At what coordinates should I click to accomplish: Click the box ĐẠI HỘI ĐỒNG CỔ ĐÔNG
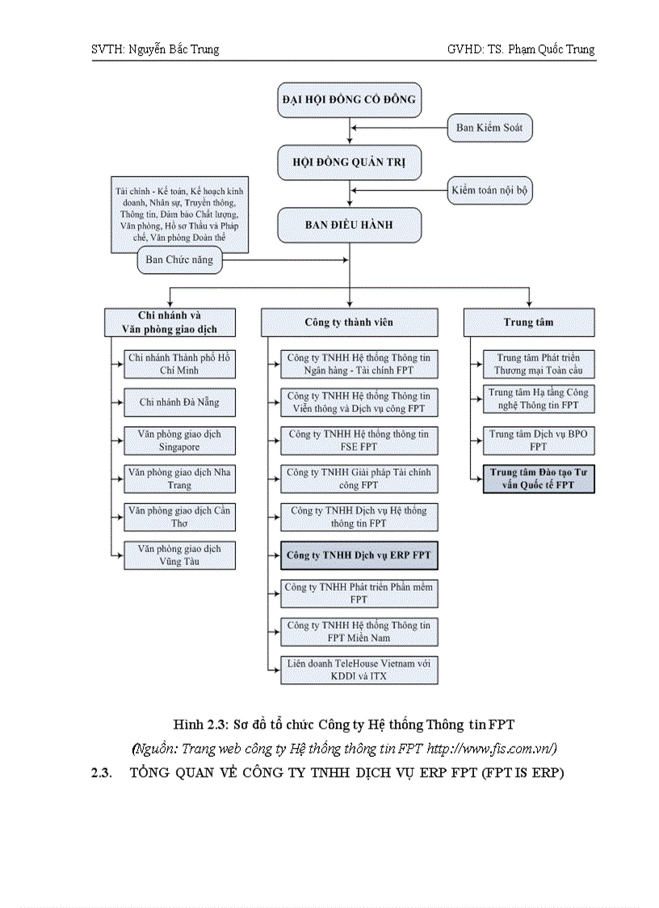click(x=349, y=99)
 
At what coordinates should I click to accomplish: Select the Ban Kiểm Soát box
click(x=489, y=128)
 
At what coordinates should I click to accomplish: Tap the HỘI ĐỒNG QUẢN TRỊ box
click(x=349, y=163)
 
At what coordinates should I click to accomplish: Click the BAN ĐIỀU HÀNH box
click(x=349, y=225)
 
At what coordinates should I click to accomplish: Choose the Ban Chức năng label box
click(x=179, y=260)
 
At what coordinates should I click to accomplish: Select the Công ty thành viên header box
click(x=349, y=322)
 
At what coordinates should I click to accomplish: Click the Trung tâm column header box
click(x=529, y=322)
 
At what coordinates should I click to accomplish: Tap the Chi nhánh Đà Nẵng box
click(x=179, y=402)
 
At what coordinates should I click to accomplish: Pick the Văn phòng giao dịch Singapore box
click(x=179, y=441)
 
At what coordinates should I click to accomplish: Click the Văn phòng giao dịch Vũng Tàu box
click(x=179, y=555)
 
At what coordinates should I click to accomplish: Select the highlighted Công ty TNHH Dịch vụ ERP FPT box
click(x=359, y=556)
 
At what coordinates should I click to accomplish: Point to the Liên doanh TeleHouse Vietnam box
click(x=359, y=669)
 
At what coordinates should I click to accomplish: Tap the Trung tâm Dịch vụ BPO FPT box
click(x=538, y=441)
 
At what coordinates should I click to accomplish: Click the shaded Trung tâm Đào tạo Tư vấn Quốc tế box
click(x=538, y=479)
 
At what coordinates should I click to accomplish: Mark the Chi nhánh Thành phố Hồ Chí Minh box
click(x=179, y=364)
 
